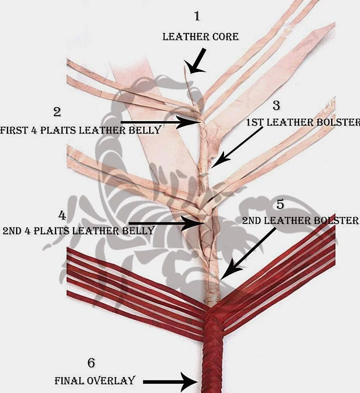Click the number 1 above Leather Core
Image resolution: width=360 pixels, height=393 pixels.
(x=197, y=16)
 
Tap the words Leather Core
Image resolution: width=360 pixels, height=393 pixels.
(x=201, y=37)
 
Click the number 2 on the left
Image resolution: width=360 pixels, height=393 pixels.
(x=57, y=112)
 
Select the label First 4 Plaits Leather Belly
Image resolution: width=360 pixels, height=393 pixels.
(x=81, y=130)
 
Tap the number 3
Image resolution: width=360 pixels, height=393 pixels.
(x=276, y=105)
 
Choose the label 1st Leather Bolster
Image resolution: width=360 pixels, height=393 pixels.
(x=303, y=123)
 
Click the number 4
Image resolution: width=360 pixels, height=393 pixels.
(x=62, y=215)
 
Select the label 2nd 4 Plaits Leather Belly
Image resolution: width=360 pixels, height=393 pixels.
(x=78, y=231)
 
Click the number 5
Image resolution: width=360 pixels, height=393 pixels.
(x=280, y=205)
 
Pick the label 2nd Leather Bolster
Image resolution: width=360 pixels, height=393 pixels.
(x=300, y=221)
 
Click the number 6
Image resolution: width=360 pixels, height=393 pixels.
(x=91, y=363)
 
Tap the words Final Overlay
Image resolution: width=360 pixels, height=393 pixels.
(x=95, y=381)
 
